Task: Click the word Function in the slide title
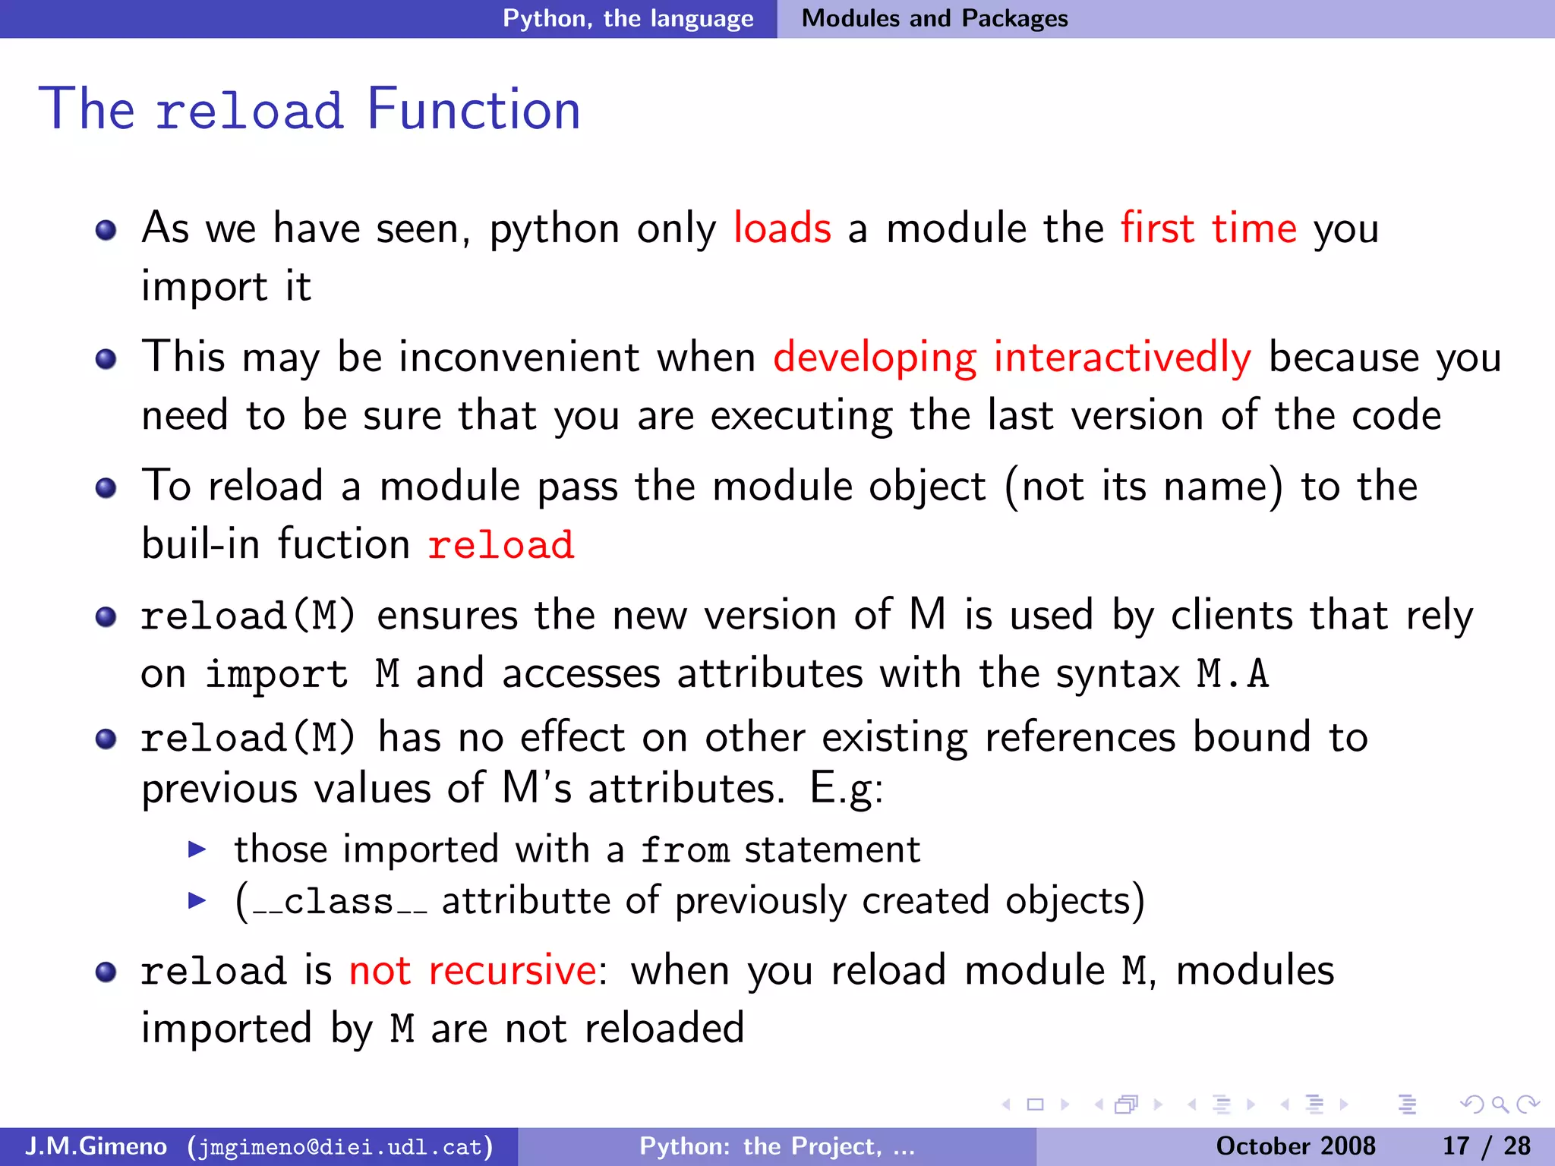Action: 473,110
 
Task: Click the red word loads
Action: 782,228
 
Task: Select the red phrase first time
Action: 1209,228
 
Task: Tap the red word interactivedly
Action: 1121,358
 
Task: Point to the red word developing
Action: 875,359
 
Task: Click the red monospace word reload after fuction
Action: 501,545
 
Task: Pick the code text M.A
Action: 1232,674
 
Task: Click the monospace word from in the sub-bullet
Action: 685,850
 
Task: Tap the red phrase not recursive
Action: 472,971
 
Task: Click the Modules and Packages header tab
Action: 935,18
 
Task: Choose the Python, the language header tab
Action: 628,18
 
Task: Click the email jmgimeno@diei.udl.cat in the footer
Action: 340,1146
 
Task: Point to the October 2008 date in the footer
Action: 1295,1146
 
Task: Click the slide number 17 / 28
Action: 1486,1146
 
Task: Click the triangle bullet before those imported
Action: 197,849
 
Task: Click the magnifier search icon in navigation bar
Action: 1500,1105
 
